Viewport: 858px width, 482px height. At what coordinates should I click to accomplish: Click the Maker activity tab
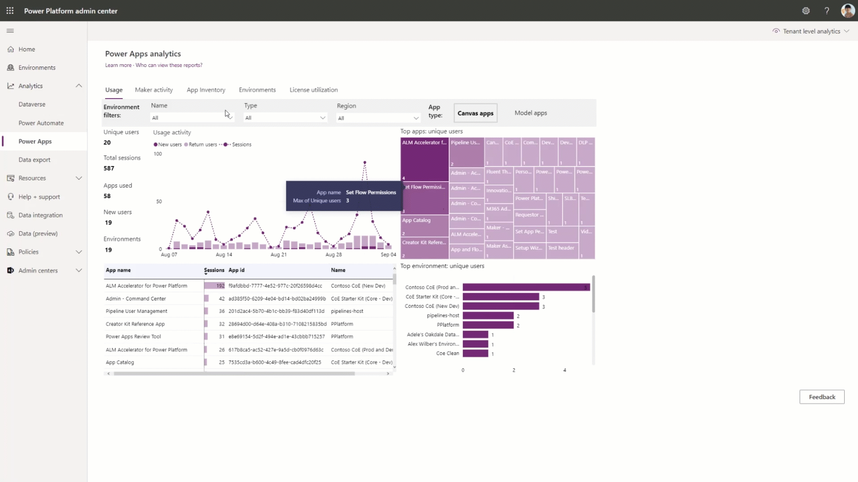(154, 90)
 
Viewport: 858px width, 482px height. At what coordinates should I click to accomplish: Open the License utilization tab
(313, 90)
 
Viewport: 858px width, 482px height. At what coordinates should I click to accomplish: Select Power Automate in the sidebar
(41, 123)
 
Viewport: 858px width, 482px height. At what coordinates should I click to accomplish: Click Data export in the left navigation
(34, 160)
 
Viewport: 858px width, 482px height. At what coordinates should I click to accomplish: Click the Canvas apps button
(475, 113)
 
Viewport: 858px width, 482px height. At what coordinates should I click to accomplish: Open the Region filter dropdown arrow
(416, 118)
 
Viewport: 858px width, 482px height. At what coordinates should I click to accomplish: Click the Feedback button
(821, 397)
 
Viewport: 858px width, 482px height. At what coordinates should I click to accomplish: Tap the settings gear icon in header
(806, 11)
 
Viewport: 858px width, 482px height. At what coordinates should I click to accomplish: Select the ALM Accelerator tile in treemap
(424, 159)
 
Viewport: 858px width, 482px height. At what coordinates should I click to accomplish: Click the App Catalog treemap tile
(424, 226)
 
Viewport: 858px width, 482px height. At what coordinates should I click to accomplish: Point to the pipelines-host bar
(488, 316)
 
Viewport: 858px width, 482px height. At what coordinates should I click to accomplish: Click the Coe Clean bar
(475, 353)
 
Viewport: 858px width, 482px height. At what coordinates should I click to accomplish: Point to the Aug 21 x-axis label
(278, 255)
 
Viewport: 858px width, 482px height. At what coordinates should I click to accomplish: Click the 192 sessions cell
(215, 286)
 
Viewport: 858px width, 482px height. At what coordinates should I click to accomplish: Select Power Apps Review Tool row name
(133, 337)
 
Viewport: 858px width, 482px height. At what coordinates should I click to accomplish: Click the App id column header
(236, 270)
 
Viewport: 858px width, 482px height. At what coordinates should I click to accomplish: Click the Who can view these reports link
(169, 65)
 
